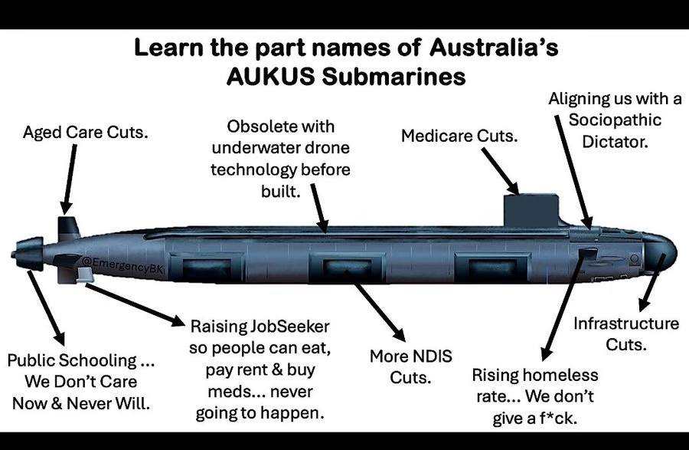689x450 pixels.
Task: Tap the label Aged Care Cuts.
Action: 86,132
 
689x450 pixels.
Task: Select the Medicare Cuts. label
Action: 460,136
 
